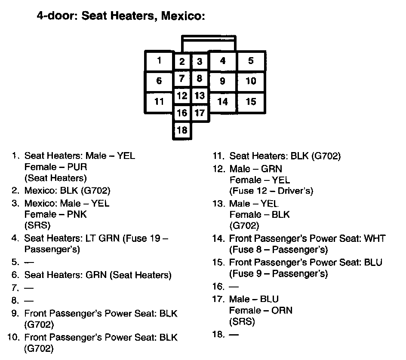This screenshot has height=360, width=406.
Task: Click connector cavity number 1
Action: (159, 61)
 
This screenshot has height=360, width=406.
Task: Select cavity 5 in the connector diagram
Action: (251, 61)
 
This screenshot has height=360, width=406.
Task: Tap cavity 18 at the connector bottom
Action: (182, 130)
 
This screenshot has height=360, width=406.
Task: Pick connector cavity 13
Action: (199, 95)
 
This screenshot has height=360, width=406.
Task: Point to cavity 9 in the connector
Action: (222, 81)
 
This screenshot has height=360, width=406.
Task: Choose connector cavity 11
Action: (159, 102)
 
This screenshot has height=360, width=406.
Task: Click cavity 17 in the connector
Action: (199, 113)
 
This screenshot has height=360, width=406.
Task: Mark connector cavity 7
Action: (182, 79)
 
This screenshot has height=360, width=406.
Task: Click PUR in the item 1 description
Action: (77, 167)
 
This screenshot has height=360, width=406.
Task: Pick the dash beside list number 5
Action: (28, 261)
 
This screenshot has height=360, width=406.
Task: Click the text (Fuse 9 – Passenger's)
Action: (278, 273)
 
